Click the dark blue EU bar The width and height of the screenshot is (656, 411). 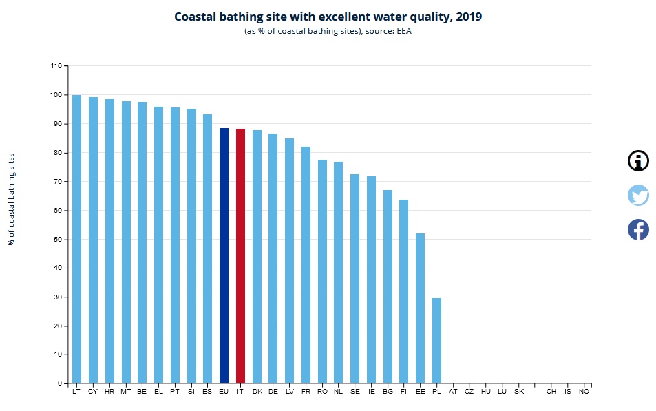click(x=224, y=255)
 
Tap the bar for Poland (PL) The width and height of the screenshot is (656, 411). click(x=436, y=340)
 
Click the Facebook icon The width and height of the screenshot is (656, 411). click(x=638, y=229)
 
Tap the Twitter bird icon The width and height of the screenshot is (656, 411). click(x=638, y=196)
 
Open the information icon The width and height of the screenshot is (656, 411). click(x=638, y=161)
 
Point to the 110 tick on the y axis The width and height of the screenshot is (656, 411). click(x=56, y=66)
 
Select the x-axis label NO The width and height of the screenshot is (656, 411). click(x=584, y=392)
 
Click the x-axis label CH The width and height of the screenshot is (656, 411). click(x=551, y=392)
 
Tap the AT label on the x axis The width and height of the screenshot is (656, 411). click(x=453, y=392)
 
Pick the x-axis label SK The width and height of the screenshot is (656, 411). click(x=518, y=392)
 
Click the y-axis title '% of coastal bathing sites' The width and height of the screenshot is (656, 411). click(x=12, y=200)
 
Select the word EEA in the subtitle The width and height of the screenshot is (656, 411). click(x=404, y=32)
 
